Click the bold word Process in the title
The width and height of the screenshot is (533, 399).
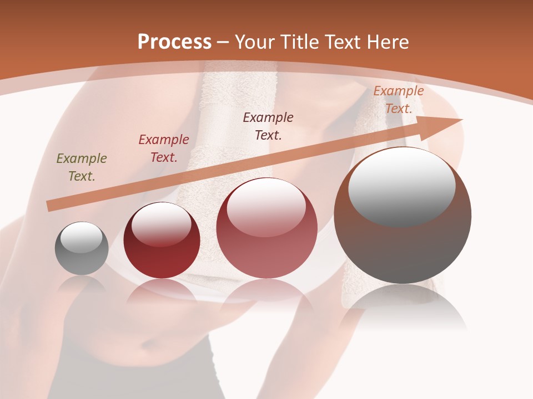click(174, 42)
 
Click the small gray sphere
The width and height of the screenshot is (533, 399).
click(82, 249)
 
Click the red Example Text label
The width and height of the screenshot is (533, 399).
click(164, 148)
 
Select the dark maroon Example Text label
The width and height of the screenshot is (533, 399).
click(268, 126)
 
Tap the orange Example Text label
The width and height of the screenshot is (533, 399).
click(399, 100)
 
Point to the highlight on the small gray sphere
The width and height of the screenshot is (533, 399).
click(82, 237)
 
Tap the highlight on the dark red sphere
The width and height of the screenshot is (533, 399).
click(162, 224)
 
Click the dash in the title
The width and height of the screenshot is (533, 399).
click(223, 42)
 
